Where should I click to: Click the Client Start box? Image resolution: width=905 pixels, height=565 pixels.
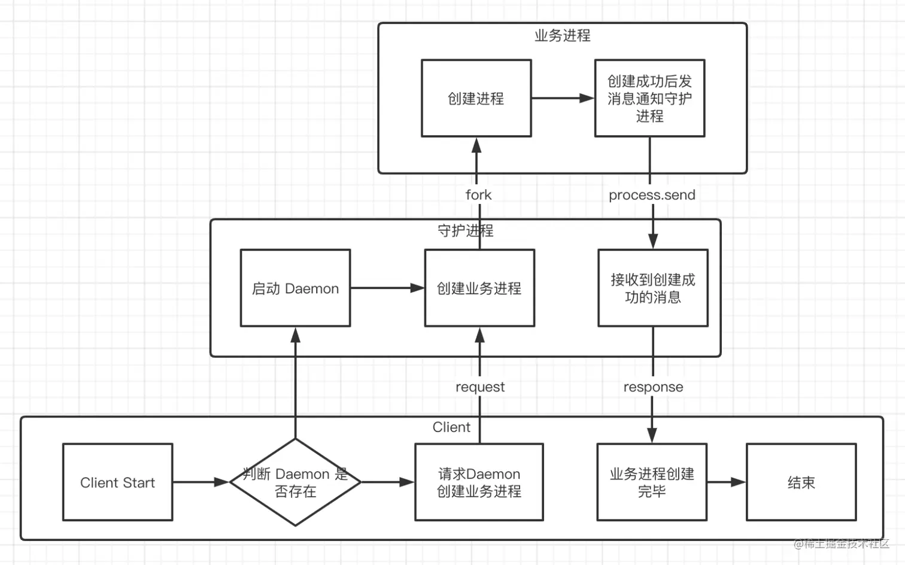[117, 482]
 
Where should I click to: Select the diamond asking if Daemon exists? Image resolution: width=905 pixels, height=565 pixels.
[295, 482]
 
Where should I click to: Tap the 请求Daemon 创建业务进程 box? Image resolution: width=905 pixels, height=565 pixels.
[479, 482]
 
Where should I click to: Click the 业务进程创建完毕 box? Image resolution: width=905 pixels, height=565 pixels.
[652, 482]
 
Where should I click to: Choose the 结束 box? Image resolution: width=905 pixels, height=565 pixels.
[801, 482]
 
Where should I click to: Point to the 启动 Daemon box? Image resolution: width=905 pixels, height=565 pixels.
[295, 288]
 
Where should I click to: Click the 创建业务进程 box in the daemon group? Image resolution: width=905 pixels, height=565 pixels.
[479, 288]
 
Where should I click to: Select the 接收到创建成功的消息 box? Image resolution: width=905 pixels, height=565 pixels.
[652, 288]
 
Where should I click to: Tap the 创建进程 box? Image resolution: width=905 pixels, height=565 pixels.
[476, 99]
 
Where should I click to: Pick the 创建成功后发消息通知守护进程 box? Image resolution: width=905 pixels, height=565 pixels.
[649, 99]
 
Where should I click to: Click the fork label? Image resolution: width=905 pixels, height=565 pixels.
[478, 195]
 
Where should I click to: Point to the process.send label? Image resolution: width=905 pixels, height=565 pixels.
[652, 195]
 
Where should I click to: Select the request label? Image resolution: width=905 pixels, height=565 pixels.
[480, 387]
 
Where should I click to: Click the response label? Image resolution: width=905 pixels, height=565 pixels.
[653, 387]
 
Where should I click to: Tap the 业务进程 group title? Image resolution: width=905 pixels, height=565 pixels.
[562, 36]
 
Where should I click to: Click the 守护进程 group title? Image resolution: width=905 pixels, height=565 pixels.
[465, 231]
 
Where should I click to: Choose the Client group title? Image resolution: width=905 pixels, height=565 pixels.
[451, 427]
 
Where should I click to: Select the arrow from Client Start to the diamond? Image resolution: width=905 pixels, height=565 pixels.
[201, 482]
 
